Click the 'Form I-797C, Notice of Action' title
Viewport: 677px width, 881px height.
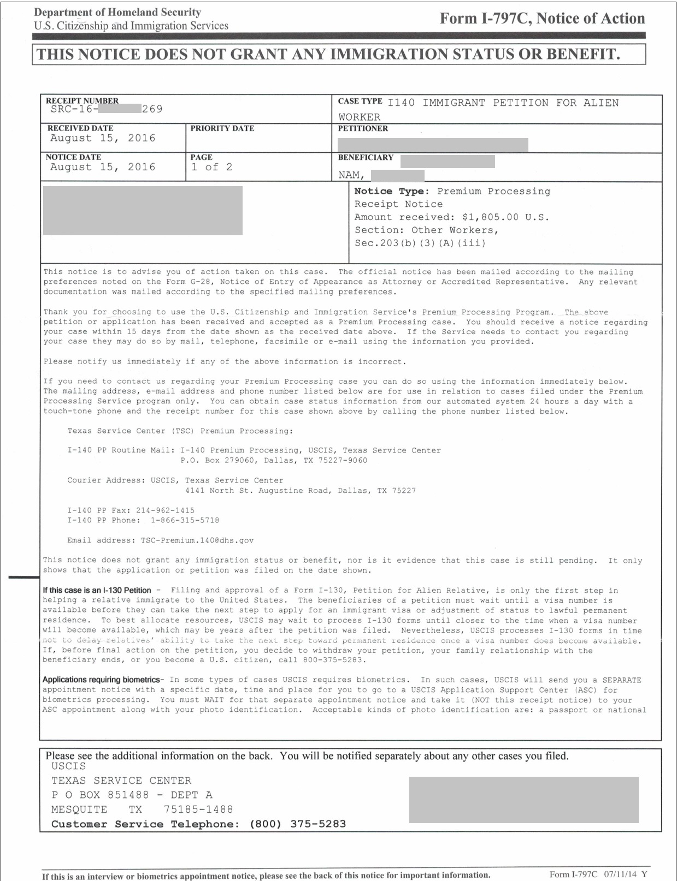pos(542,19)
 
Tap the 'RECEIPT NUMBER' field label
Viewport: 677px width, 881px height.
pos(82,100)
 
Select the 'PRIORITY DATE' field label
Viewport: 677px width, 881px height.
pos(222,128)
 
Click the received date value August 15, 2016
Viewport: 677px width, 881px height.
pos(103,138)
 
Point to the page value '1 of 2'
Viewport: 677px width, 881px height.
pos(211,167)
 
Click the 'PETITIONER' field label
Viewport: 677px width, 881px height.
pos(363,128)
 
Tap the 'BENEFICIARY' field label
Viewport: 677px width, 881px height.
pos(366,157)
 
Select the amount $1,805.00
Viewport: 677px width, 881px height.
pos(490,217)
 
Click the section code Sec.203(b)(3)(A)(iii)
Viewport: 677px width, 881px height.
pos(420,243)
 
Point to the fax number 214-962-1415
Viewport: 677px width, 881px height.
pos(165,510)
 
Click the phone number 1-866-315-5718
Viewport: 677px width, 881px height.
pos(185,520)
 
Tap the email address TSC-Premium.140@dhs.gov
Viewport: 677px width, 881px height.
pos(197,540)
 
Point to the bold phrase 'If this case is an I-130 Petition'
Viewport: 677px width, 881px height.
pos(97,590)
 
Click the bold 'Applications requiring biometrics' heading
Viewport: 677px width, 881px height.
pos(101,680)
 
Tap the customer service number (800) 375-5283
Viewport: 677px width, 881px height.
pos(297,824)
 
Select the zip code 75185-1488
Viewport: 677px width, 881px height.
pos(198,809)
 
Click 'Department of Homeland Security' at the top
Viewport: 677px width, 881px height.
pos(117,12)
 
